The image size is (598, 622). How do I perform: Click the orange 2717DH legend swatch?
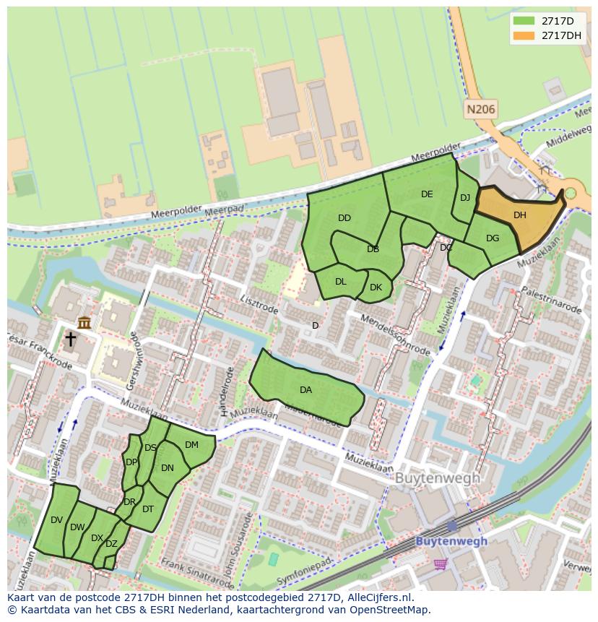[524, 35]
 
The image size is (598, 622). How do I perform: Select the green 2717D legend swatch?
[524, 21]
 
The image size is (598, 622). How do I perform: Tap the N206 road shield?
[481, 110]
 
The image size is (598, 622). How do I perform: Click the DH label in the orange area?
[519, 215]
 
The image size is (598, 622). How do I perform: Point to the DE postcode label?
[427, 194]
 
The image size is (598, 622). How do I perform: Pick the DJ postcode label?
[465, 198]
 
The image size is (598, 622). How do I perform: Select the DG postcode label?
[493, 238]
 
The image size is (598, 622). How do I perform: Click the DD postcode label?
[344, 218]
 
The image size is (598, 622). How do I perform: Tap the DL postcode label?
[341, 282]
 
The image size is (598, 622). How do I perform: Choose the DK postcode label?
[376, 288]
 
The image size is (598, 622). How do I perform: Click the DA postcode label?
[305, 390]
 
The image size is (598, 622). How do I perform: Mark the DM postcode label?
[191, 445]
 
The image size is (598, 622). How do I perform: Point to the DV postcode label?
[57, 520]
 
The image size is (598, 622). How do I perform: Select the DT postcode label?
[148, 509]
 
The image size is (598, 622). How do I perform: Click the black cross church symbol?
[71, 339]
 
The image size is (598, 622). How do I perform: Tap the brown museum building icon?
[84, 322]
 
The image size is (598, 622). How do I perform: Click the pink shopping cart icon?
[440, 563]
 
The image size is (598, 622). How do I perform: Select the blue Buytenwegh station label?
[451, 541]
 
